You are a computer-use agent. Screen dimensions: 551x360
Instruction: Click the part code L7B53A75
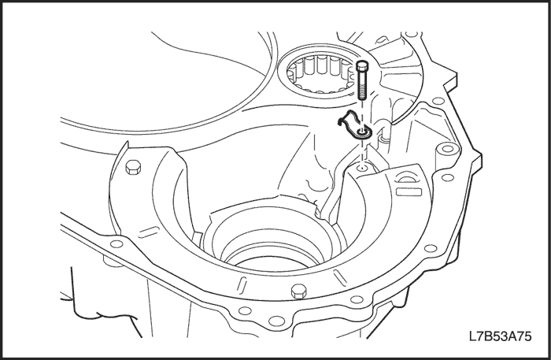[501, 336]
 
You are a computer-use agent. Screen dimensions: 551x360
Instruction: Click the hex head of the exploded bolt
[362, 65]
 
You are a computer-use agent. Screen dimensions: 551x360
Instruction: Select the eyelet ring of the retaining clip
[362, 132]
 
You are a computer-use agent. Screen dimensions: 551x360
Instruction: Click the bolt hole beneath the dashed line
[362, 168]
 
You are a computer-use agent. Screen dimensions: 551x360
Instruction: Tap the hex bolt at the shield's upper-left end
[133, 167]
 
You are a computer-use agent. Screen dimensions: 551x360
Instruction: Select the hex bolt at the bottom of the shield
[298, 291]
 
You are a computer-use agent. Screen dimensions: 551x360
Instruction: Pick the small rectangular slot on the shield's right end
[409, 191]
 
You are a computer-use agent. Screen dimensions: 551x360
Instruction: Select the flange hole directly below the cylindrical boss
[447, 177]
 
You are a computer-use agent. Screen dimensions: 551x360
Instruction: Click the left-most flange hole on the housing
[116, 243]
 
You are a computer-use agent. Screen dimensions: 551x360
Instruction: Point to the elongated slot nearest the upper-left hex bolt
[148, 232]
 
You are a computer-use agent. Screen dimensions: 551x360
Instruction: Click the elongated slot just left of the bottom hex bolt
[242, 284]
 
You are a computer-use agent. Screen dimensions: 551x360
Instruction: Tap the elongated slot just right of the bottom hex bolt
[339, 276]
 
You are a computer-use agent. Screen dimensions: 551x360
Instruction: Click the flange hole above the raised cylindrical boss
[438, 102]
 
